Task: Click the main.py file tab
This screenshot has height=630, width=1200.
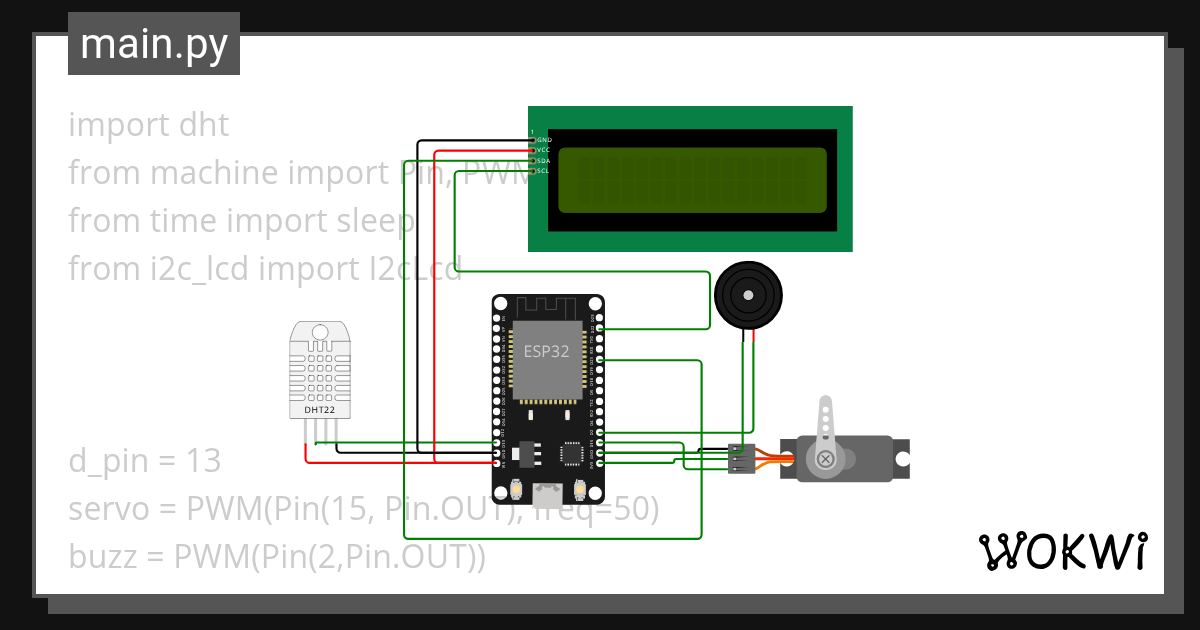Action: click(154, 44)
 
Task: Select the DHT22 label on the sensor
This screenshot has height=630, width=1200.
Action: click(320, 410)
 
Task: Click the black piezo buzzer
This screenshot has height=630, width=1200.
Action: click(748, 296)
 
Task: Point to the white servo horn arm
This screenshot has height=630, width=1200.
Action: click(825, 425)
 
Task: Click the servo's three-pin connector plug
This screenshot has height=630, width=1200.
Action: click(740, 458)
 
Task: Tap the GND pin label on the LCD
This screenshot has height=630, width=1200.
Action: click(545, 140)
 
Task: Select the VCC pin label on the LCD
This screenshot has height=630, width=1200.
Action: click(545, 150)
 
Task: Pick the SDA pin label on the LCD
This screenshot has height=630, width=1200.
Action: click(545, 160)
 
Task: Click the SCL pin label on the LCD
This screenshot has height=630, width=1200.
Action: click(545, 171)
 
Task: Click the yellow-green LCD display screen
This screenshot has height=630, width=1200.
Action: click(692, 180)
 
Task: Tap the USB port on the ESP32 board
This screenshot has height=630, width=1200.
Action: click(548, 493)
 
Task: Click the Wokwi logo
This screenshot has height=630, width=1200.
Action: click(1062, 551)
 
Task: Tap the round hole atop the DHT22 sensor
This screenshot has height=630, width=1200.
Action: click(320, 331)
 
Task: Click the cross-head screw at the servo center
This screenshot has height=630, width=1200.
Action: click(826, 459)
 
